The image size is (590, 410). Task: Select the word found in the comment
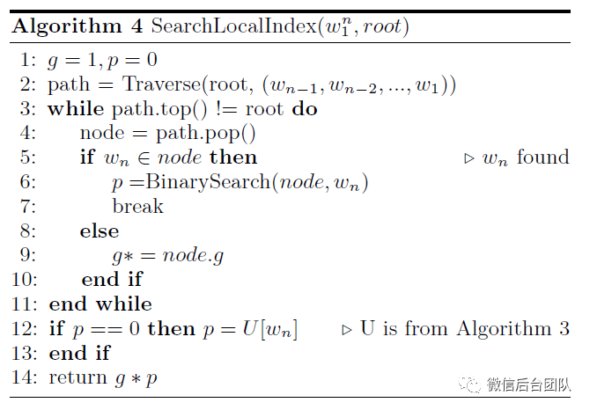(542, 157)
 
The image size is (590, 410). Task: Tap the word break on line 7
(137, 207)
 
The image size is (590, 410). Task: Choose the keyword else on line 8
(99, 231)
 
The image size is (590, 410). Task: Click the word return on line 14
(77, 377)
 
